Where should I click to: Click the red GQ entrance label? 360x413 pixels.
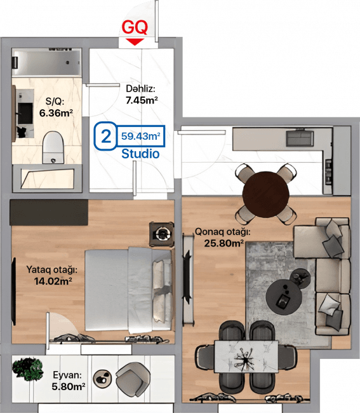pos(135,27)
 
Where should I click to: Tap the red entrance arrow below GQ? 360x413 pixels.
pos(135,41)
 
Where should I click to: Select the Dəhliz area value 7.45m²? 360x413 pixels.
pos(142,100)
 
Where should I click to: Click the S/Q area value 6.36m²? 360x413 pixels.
pos(56,112)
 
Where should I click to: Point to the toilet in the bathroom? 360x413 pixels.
pos(53,147)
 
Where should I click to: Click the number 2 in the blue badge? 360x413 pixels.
pos(106,136)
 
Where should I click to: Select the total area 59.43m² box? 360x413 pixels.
pos(141,136)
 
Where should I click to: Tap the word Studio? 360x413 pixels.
pos(140,154)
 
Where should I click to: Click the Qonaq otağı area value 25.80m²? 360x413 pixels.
pos(224,243)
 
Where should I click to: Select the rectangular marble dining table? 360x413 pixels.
pos(246,356)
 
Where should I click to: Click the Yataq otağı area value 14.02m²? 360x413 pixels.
pos(53,281)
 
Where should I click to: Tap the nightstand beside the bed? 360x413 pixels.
pos(162,234)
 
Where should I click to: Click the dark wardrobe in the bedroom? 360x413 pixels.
pos(49,212)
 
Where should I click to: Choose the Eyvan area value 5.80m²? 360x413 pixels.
pos(69,386)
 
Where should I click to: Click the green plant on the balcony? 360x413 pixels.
pos(28,369)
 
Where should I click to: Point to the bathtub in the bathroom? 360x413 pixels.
pos(46,62)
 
